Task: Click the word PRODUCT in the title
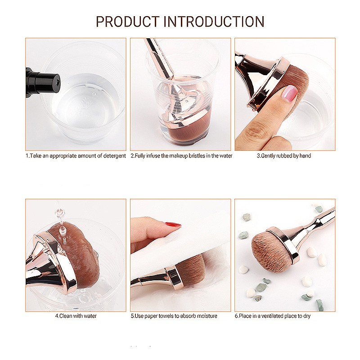(127, 22)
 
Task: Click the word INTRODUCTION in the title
(214, 22)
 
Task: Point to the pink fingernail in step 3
(289, 94)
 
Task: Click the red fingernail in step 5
(173, 224)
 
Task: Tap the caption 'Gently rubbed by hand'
(284, 156)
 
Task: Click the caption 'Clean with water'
(76, 316)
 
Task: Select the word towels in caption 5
(166, 316)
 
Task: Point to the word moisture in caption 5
(206, 316)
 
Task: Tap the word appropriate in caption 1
(63, 156)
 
